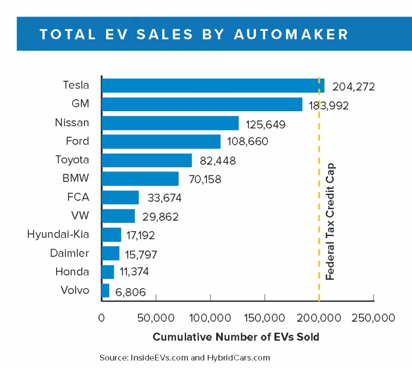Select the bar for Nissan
[170, 123]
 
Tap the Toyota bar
[146, 160]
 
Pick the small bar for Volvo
[105, 290]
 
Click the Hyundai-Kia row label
[58, 235]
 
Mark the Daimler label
[70, 253]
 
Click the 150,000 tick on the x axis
[264, 318]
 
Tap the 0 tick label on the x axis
[101, 318]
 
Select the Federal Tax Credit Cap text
[331, 221]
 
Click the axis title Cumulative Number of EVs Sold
[236, 338]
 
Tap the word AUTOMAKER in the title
[291, 34]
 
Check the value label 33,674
[161, 198]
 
